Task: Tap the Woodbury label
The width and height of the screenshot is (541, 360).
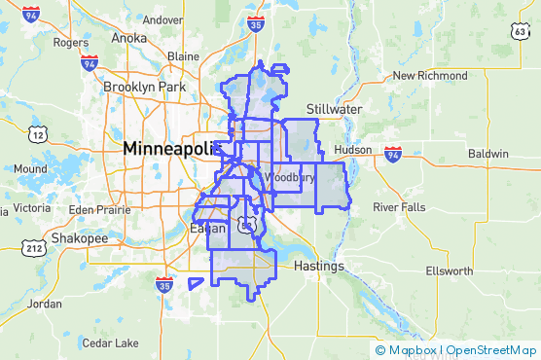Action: point(290,178)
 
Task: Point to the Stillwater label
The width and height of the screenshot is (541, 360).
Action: point(333,108)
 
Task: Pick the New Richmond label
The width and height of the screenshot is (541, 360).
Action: point(429,76)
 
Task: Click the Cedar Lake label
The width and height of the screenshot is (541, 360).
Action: point(110,342)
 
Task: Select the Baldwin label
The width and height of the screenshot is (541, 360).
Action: point(487,154)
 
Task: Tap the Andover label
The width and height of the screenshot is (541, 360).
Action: point(162,19)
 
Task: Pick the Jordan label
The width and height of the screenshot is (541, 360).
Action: point(45,304)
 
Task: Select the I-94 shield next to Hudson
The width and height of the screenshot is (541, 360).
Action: point(392,154)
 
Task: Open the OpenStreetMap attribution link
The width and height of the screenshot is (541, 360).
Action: point(491,350)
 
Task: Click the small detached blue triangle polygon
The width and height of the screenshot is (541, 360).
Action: point(196,283)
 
